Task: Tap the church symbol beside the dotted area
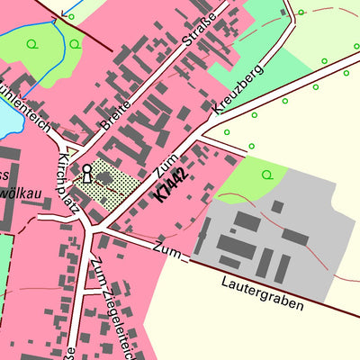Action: [87, 173]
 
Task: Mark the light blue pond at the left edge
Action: [4, 112]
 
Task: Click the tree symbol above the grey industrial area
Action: [266, 174]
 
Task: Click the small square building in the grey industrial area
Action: [277, 207]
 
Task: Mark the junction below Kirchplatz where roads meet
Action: [94, 231]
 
